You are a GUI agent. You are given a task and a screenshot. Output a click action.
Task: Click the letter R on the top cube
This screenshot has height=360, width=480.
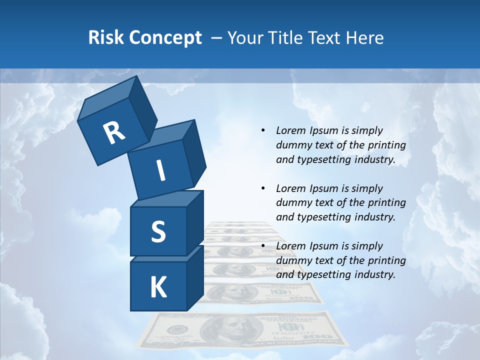tap(114, 132)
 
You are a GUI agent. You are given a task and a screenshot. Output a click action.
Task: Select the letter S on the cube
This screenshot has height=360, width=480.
tap(158, 231)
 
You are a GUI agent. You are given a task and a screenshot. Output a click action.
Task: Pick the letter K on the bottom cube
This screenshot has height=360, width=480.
tap(158, 287)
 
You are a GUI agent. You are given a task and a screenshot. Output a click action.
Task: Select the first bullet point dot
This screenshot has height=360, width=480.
tap(263, 131)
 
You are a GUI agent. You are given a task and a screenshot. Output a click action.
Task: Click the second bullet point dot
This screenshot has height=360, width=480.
tap(263, 188)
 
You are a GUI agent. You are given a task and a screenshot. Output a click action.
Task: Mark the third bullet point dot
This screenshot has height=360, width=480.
tap(263, 246)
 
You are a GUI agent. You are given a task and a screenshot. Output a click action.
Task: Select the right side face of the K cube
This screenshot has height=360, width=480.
tap(195, 278)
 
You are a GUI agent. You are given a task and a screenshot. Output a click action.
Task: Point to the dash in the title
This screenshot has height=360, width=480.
tap(217, 38)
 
